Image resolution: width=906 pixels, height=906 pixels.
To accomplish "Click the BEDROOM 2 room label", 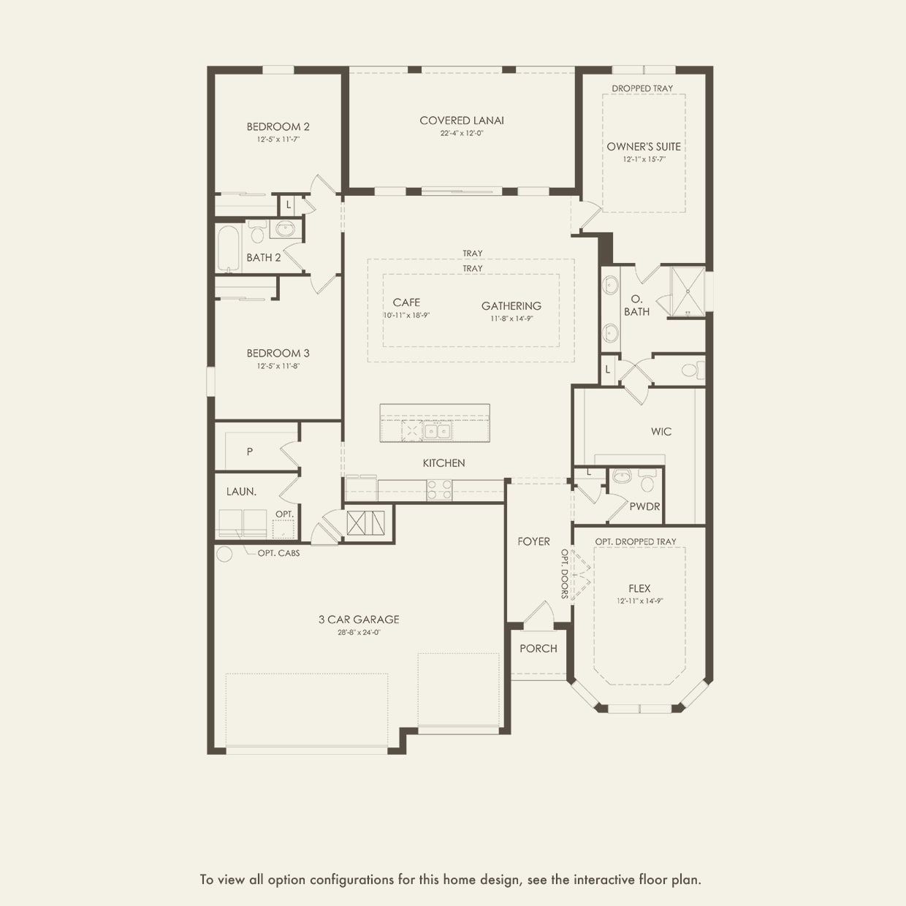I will (x=278, y=126).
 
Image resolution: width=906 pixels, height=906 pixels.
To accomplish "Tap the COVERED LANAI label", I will (x=461, y=121).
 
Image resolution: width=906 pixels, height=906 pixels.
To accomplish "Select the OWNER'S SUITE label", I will (x=643, y=146).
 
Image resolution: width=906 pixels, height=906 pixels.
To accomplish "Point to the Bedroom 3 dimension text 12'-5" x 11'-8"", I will (x=278, y=366).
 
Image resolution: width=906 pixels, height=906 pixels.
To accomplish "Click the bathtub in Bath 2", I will (x=229, y=248).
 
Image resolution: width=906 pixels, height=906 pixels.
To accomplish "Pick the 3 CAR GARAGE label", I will (x=359, y=620).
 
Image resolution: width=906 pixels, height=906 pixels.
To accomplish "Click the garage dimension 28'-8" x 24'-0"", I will (x=359, y=633).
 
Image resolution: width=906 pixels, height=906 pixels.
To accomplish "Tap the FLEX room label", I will (x=639, y=588).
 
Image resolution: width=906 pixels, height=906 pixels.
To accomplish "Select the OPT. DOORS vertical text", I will (x=565, y=574).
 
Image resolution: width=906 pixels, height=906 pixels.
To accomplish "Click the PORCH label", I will (x=538, y=649).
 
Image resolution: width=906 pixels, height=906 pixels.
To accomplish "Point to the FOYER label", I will (x=533, y=541).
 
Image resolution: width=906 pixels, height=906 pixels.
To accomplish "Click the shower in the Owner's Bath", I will (x=688, y=292).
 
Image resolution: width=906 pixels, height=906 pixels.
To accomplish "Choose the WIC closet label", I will (x=661, y=432).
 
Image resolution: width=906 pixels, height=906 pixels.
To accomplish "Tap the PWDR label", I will (x=644, y=506).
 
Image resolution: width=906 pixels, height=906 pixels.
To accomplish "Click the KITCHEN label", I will (x=444, y=463).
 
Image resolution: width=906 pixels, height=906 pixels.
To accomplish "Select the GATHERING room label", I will (x=511, y=306).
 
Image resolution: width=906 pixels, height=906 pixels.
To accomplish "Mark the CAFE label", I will (x=406, y=302).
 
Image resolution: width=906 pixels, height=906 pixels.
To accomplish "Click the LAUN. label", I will (x=241, y=492).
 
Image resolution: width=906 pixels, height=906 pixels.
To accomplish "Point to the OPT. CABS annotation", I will (x=278, y=553).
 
